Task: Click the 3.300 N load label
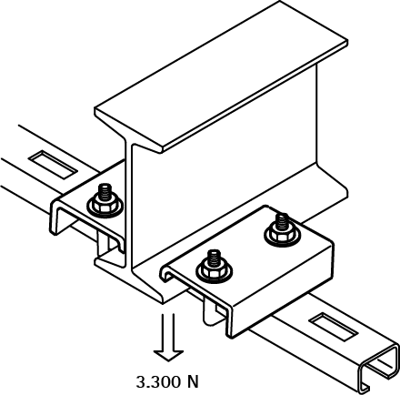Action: point(167,382)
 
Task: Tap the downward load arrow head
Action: point(168,356)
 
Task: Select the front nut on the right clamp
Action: point(214,269)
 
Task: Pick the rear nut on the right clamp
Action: point(282,234)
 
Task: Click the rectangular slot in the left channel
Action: point(54,164)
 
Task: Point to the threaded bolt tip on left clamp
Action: point(105,192)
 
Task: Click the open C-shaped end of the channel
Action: point(378,366)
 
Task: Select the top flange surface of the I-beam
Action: point(221,76)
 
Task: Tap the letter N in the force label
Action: point(193,382)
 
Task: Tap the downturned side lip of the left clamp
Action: point(54,218)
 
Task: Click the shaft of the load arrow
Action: point(168,332)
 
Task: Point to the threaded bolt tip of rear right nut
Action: point(282,221)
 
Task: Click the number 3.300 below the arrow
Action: point(158,382)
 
